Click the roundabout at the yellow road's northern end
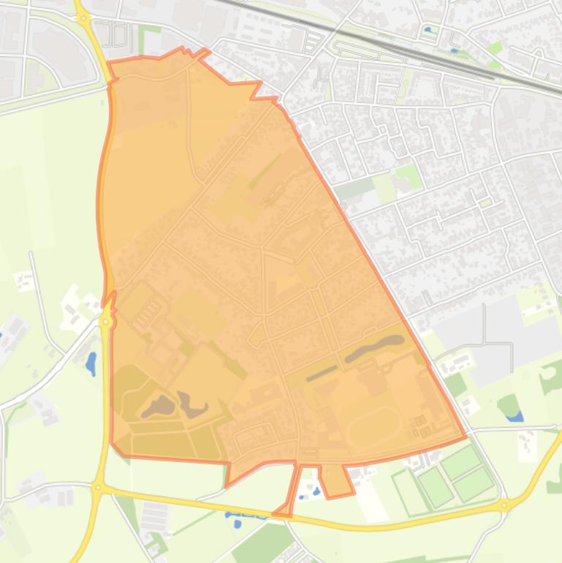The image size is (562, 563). (83, 18)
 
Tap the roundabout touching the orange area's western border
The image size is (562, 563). (107, 321)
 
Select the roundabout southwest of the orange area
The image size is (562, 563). (98, 487)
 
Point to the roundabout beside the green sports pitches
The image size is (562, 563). (504, 505)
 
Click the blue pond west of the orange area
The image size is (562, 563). (91, 362)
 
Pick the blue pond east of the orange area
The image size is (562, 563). (514, 416)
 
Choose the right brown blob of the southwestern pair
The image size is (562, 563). (193, 404)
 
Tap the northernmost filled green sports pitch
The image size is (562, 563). (461, 461)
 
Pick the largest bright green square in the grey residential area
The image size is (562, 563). (408, 176)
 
